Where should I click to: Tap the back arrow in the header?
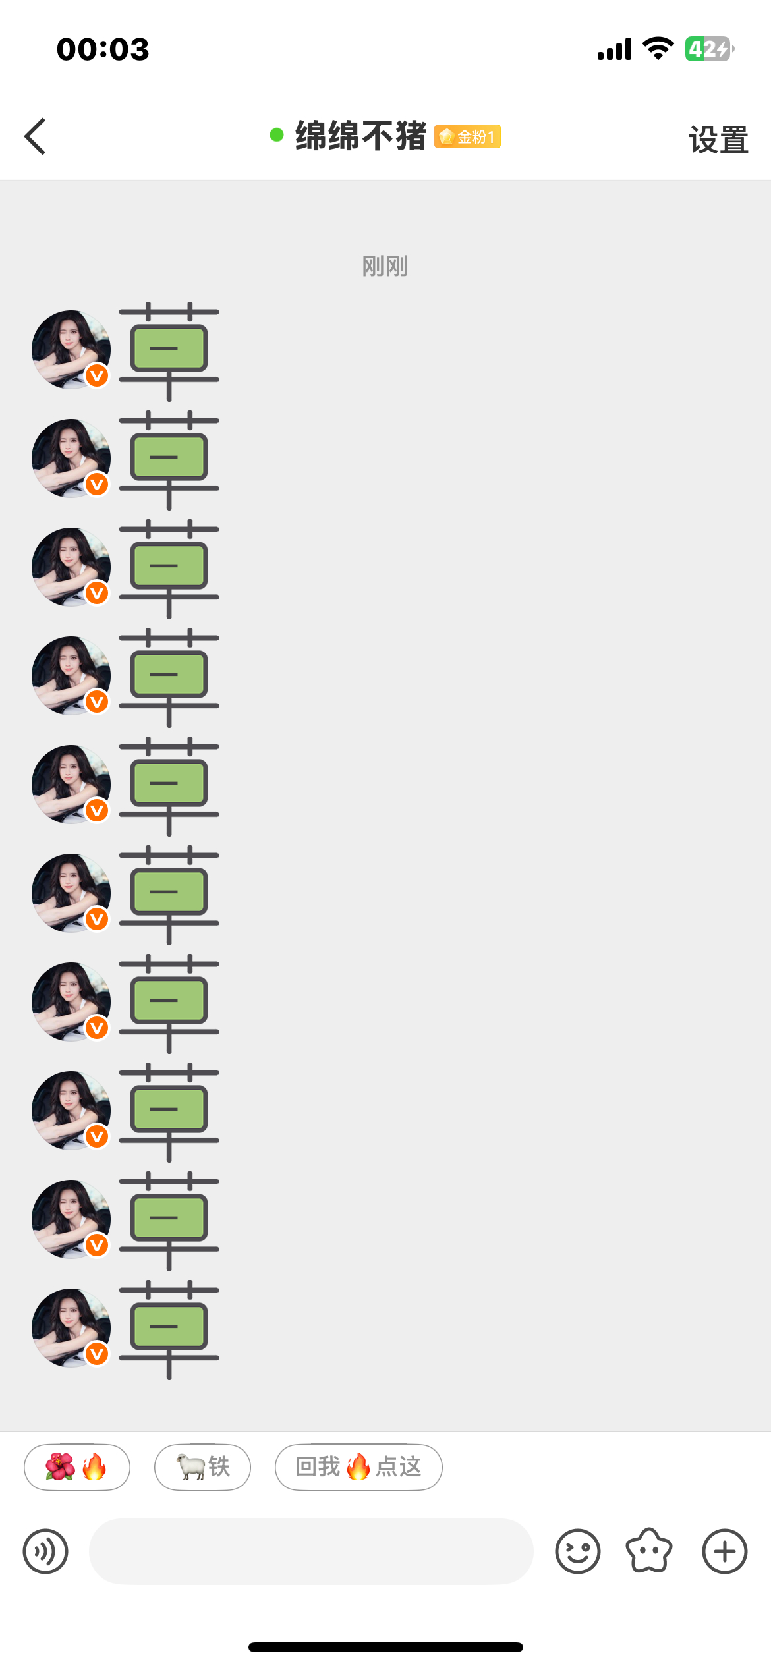click(35, 136)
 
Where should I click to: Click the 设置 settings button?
click(718, 140)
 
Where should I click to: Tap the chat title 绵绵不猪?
click(360, 136)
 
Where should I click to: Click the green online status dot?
click(277, 135)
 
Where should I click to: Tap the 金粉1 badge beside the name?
click(467, 136)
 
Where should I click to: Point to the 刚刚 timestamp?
click(385, 266)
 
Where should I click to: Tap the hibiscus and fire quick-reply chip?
click(77, 1467)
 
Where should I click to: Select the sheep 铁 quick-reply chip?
click(202, 1467)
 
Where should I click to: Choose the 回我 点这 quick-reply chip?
click(358, 1467)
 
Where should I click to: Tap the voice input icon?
click(45, 1551)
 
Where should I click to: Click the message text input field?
click(311, 1551)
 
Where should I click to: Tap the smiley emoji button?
click(578, 1551)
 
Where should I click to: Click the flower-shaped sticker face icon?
click(649, 1551)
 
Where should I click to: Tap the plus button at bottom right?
click(725, 1551)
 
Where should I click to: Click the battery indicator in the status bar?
click(710, 49)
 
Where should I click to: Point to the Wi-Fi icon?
click(658, 48)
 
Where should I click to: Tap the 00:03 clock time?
click(103, 49)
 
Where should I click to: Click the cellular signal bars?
click(614, 49)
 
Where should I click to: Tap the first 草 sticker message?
click(169, 351)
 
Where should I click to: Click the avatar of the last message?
click(71, 1327)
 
